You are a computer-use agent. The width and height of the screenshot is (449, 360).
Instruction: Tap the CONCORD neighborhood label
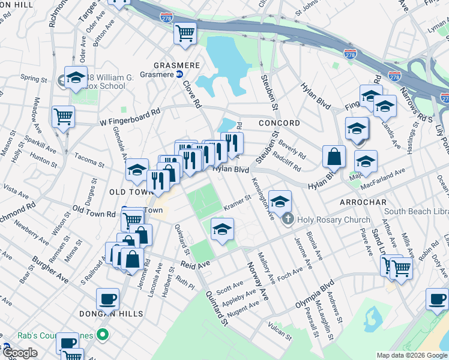click(279, 123)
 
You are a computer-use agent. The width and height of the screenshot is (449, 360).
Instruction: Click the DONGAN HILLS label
click(110, 314)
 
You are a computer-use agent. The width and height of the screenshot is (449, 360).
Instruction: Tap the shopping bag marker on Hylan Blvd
click(334, 156)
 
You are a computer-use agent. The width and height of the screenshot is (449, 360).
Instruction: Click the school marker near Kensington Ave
click(280, 201)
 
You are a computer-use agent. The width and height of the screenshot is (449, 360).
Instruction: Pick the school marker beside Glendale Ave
click(137, 170)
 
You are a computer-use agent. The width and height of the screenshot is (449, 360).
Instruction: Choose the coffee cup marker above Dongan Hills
click(108, 298)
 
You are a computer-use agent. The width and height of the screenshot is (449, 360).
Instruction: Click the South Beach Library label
click(417, 211)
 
